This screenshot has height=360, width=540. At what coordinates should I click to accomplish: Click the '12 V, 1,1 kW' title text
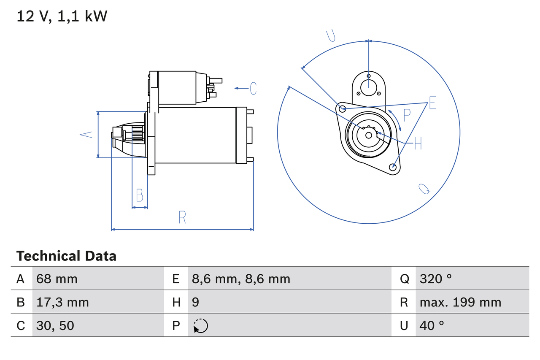(62, 16)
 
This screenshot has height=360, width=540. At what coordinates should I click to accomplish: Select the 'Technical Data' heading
(66, 256)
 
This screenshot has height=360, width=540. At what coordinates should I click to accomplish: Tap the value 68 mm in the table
(57, 279)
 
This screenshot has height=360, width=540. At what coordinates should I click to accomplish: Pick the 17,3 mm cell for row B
(62, 302)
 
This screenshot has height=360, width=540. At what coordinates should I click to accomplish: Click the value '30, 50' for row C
(55, 325)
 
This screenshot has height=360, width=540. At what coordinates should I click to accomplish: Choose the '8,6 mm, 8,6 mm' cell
(241, 279)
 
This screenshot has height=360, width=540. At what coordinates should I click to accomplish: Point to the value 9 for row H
(195, 302)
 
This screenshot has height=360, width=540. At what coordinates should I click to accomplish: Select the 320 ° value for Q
(436, 279)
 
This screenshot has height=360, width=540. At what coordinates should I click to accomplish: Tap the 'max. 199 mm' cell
(460, 302)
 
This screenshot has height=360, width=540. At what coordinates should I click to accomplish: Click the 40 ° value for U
(432, 325)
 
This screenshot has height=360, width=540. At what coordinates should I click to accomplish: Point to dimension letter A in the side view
(86, 134)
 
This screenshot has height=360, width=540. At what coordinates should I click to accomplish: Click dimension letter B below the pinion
(140, 195)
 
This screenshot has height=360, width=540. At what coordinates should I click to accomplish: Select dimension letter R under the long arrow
(182, 217)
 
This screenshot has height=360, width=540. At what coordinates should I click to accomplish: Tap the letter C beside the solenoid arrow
(253, 88)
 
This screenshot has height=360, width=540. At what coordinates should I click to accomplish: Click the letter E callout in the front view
(432, 103)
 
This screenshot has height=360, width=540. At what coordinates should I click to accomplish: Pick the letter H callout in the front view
(418, 143)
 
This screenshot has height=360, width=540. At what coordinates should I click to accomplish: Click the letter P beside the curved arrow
(407, 115)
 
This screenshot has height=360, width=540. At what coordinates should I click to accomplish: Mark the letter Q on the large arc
(424, 189)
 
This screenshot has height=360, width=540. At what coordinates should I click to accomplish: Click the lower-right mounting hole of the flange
(393, 167)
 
